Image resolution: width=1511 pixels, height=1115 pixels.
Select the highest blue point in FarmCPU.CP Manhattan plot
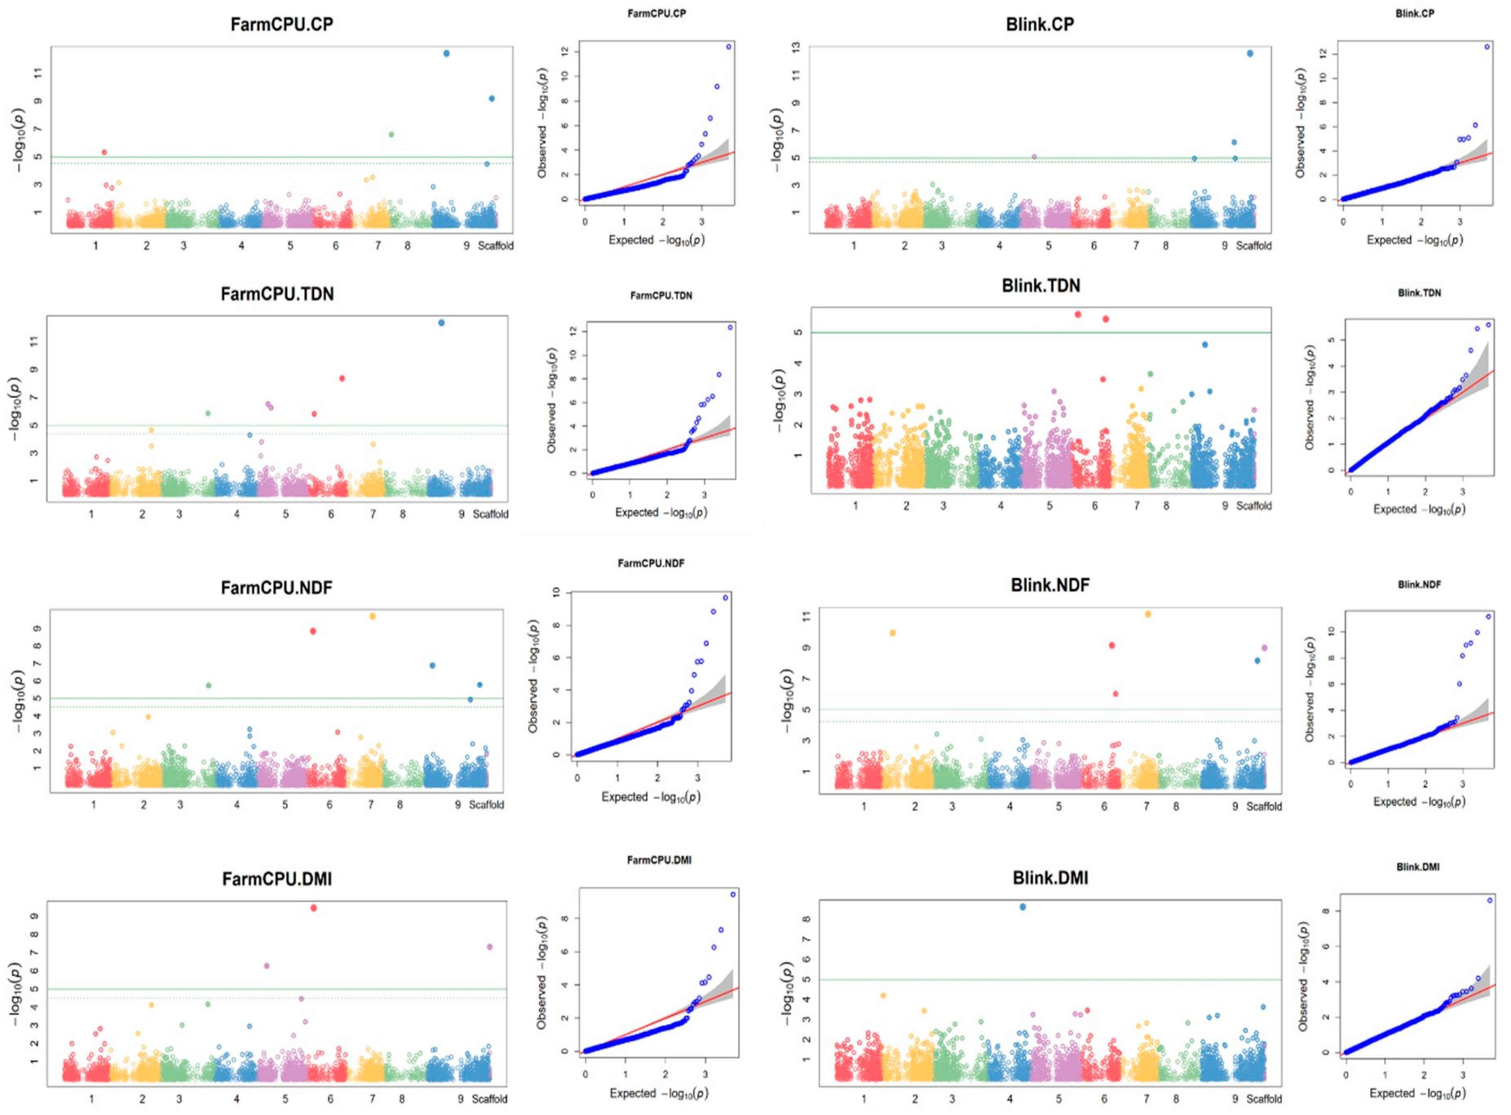pos(446,53)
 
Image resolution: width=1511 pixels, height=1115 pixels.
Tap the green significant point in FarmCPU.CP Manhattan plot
pos(391,134)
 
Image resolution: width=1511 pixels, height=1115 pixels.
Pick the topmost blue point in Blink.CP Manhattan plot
pos(1250,53)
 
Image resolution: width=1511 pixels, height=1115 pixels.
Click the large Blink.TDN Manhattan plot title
pos(1040,285)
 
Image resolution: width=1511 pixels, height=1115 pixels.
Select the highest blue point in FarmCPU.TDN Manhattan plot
pos(442,322)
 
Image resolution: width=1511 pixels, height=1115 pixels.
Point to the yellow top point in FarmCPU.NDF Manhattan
pos(372,616)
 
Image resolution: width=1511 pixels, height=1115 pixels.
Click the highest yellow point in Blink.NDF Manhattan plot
pos(1148,614)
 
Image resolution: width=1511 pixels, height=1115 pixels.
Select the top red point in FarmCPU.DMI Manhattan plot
pos(313,908)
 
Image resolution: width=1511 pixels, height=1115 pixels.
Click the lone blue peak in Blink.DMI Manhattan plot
pos(1023,907)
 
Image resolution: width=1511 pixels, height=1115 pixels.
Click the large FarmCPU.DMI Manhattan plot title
pos(277,879)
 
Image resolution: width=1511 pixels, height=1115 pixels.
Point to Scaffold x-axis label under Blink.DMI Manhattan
pos(1264,1099)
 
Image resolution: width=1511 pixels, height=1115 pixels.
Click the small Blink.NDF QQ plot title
pos(1419,585)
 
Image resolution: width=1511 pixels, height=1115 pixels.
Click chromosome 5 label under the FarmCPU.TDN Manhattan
pos(285,514)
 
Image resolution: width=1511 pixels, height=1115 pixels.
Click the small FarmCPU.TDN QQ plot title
pos(661,295)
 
